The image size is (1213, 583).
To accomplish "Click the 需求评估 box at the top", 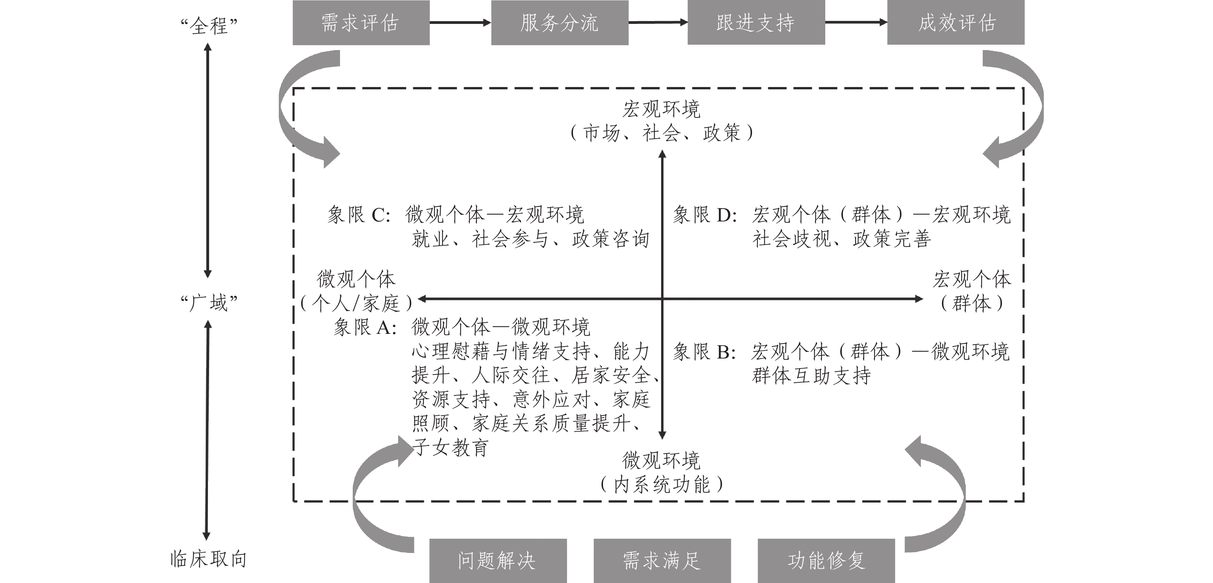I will pyautogui.click(x=361, y=23).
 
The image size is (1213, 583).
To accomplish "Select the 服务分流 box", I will pyautogui.click(x=560, y=23).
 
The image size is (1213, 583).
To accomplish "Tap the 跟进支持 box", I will pyautogui.click(x=756, y=23).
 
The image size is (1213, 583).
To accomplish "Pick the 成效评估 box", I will pyautogui.click(x=955, y=23).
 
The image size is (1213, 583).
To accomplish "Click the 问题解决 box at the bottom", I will pyautogui.click(x=498, y=560).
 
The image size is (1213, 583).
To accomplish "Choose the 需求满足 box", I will pyautogui.click(x=662, y=560).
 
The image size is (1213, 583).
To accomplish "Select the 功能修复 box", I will pyautogui.click(x=826, y=560).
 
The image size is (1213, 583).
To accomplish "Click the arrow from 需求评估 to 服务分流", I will pyautogui.click(x=460, y=22).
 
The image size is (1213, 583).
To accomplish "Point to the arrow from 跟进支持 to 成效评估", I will pyautogui.click(x=856, y=22).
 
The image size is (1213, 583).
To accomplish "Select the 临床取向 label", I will pyautogui.click(x=209, y=559).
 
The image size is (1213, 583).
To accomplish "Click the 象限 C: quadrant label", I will pyautogui.click(x=359, y=215).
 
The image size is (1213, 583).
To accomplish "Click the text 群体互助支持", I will pyautogui.click(x=811, y=376).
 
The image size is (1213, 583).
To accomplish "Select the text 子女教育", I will pyautogui.click(x=450, y=447).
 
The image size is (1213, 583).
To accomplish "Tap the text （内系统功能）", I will pyautogui.click(x=662, y=484).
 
